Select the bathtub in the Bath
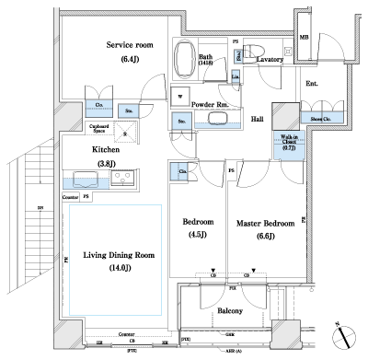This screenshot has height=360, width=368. click(x=187, y=57)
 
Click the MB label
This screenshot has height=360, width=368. click(x=305, y=38)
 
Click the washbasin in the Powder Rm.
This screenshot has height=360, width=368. click(x=218, y=118)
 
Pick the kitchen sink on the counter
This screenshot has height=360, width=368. click(x=124, y=179)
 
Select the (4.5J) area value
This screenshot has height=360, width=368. click(x=199, y=235)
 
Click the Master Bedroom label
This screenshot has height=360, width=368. click(x=264, y=222)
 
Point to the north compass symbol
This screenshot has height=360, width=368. click(x=344, y=336)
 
